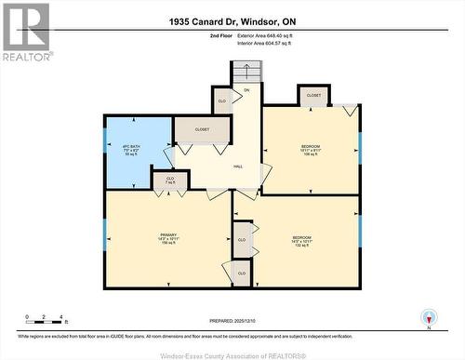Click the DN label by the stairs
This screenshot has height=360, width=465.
247,89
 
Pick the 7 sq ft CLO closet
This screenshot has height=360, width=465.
170,180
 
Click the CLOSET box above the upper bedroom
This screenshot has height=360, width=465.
313,95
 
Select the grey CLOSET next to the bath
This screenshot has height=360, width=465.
202,129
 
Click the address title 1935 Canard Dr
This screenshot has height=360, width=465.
232,20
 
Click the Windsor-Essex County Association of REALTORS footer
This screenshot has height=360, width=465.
232,354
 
